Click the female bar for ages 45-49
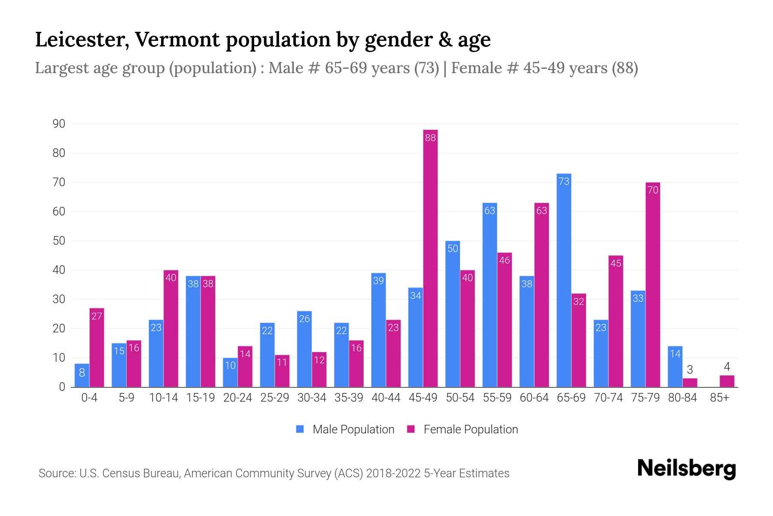pyautogui.click(x=430, y=258)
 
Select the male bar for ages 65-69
pyautogui.click(x=564, y=279)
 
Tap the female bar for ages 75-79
pyautogui.click(x=653, y=284)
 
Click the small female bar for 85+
pyautogui.click(x=727, y=381)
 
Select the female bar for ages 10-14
pyautogui.click(x=171, y=329)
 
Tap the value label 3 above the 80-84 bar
pyautogui.click(x=690, y=370)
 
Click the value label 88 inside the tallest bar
pyautogui.click(x=430, y=138)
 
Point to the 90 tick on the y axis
pyautogui.click(x=59, y=124)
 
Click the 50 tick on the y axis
pyautogui.click(x=59, y=241)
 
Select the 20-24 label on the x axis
pyautogui.click(x=237, y=398)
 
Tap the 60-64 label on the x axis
pyautogui.click(x=534, y=398)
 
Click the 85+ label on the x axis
pyautogui.click(x=719, y=398)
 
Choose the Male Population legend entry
pyautogui.click(x=346, y=429)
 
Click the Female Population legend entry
pyautogui.click(x=463, y=429)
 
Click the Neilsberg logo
pyautogui.click(x=686, y=469)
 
